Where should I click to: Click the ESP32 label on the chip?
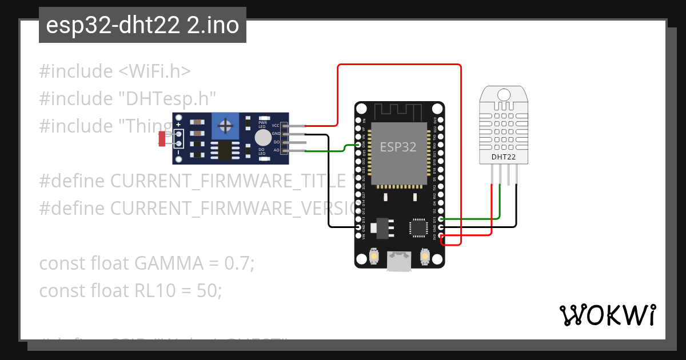click(x=398, y=147)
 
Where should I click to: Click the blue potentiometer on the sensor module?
click(x=226, y=126)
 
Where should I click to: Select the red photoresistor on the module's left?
click(x=162, y=138)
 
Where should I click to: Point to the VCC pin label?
click(x=276, y=126)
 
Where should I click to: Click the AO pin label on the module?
click(x=276, y=150)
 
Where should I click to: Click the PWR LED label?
click(x=262, y=124)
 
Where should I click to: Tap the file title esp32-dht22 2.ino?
click(x=142, y=26)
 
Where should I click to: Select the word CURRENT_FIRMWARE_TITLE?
click(x=228, y=181)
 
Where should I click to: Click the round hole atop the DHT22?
click(x=504, y=94)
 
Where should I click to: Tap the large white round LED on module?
click(x=262, y=138)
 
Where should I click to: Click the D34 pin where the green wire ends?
click(x=360, y=146)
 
